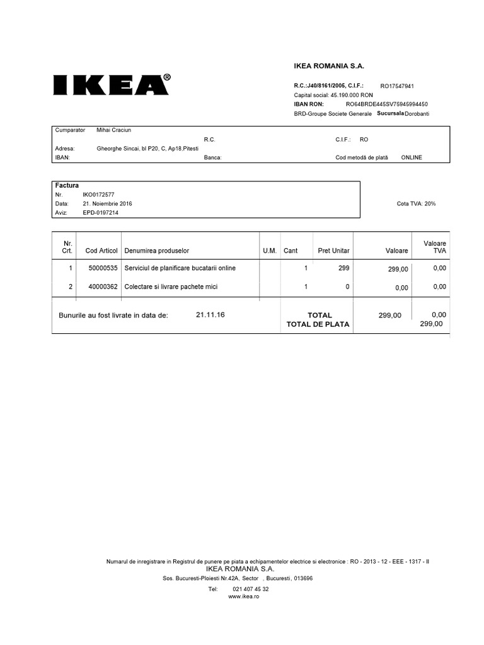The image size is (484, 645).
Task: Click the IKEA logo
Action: coord(111,85)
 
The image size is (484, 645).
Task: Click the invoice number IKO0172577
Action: coord(98,195)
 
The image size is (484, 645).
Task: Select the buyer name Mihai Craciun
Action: coord(113,130)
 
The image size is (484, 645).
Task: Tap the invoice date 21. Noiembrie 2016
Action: coord(107,204)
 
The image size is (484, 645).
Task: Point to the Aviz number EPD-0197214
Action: coord(100,213)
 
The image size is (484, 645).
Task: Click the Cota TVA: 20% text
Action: coord(416,204)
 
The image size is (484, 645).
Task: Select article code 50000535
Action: coord(103,268)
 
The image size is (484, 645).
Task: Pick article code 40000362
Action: coord(103,287)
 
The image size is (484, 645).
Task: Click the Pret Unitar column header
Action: coord(333,251)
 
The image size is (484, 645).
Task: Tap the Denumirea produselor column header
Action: coord(157,251)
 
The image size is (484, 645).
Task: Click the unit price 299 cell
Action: coord(343,268)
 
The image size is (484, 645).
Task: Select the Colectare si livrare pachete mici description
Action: coord(171,287)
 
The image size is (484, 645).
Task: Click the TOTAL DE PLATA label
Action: coord(318,324)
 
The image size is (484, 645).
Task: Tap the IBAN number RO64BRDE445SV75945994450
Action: coord(387,104)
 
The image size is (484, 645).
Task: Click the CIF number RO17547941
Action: coord(397,86)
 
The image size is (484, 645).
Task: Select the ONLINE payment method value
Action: coord(412,157)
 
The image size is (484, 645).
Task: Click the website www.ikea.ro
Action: coord(244,596)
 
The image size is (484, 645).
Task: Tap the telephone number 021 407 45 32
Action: coord(251,589)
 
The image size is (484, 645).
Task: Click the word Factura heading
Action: coord(67,186)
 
